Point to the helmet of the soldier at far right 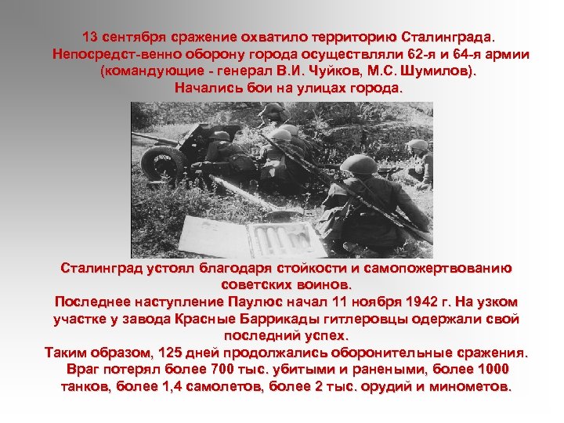point(418,145)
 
